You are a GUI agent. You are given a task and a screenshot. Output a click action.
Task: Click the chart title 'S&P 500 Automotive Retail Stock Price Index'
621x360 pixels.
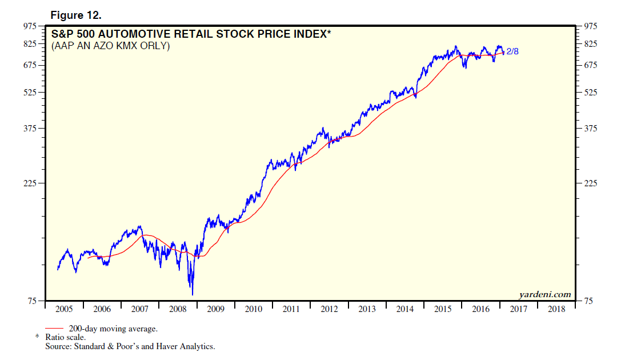pos(191,34)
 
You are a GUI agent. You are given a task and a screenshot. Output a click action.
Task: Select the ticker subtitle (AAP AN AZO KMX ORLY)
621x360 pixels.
pos(111,46)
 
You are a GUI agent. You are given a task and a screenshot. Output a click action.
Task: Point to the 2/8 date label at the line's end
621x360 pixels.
pos(512,52)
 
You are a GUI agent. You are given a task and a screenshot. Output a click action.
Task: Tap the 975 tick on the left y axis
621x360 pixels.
pos(29,26)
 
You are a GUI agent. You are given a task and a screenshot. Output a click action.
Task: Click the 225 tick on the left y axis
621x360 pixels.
pos(29,183)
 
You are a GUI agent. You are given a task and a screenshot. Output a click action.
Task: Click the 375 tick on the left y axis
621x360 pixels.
pos(29,128)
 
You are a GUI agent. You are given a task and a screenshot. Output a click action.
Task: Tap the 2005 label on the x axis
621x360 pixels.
pos(64,309)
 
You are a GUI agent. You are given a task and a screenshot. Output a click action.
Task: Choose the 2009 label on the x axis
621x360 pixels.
pos(215,309)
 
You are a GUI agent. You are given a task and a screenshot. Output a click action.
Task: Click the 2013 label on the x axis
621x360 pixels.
pos(367,309)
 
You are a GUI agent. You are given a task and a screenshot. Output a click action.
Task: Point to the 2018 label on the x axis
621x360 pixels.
pos(556,309)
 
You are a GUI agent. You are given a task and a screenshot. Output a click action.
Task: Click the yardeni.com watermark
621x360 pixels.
pos(545,295)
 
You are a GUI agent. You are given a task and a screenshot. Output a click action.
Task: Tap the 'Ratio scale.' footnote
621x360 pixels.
pos(66,337)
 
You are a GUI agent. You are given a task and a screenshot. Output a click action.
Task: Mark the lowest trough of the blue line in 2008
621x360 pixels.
pos(193,294)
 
